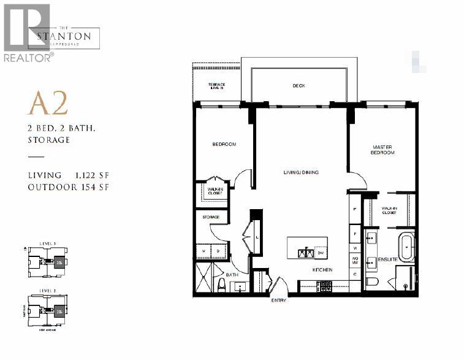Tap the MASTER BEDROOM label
(x=383, y=150)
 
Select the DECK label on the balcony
(x=299, y=86)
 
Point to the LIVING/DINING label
(x=300, y=172)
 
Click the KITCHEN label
(x=322, y=270)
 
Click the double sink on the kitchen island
(x=302, y=252)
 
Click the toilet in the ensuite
(x=371, y=283)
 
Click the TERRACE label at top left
(x=216, y=85)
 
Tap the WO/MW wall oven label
(x=355, y=261)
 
